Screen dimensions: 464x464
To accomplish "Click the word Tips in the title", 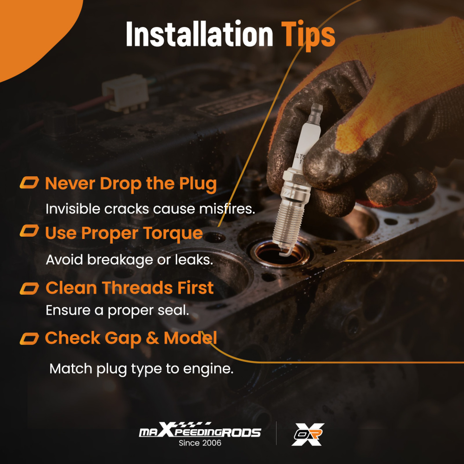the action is (x=308, y=35).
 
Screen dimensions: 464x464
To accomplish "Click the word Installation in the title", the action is (x=200, y=34).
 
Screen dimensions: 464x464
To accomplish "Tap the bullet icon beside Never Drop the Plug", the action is (x=29, y=182).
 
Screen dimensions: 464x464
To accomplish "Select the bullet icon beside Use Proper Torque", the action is (x=29, y=231).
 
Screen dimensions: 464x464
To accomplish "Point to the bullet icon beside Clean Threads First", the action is (x=29, y=289).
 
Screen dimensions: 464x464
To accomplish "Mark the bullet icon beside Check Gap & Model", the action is (x=29, y=339).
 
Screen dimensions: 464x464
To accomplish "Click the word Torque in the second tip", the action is (x=173, y=234).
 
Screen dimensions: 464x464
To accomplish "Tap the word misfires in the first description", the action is (x=227, y=209).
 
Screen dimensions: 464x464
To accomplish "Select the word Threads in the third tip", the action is (x=137, y=288).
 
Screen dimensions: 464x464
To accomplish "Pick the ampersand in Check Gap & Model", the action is (x=152, y=338).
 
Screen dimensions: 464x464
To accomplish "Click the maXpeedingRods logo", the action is (x=200, y=430).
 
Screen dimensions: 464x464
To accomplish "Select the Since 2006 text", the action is (x=200, y=443).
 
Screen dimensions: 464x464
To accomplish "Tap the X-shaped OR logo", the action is (x=308, y=434).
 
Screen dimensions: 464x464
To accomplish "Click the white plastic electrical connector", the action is (x=125, y=93).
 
